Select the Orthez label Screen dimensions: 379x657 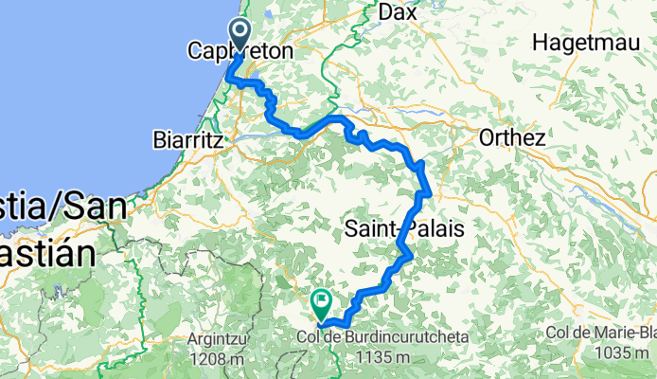click(x=512, y=137)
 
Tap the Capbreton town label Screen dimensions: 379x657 click(x=240, y=50)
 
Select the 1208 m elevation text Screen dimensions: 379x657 click(x=217, y=358)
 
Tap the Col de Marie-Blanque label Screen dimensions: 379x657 click(x=601, y=334)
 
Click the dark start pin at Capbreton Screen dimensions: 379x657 click(x=238, y=35)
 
